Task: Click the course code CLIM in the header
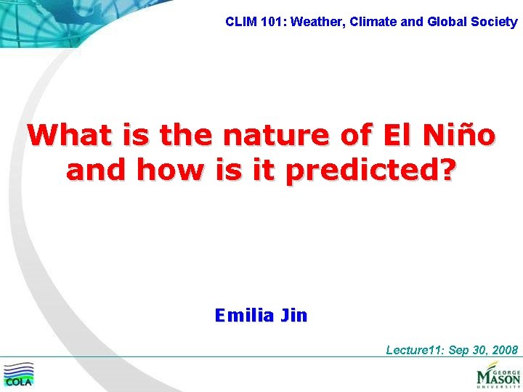click(x=239, y=22)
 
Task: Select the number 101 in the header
click(x=269, y=22)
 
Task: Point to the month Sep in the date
click(x=459, y=351)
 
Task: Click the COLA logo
click(x=19, y=375)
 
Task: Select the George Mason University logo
click(x=498, y=375)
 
